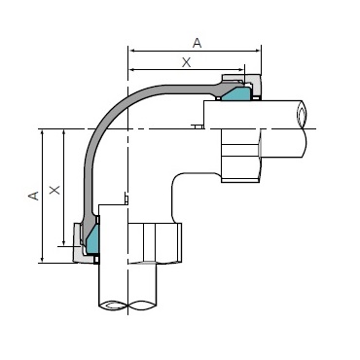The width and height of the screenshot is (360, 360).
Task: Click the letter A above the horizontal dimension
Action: (198, 43)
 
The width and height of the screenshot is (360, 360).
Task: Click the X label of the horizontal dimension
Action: (186, 62)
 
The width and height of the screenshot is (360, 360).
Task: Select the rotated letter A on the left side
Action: (34, 196)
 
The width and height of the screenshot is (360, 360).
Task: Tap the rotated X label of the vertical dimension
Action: (54, 190)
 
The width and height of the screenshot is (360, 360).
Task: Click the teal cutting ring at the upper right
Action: (237, 93)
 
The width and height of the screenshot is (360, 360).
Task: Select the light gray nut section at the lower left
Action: (79, 243)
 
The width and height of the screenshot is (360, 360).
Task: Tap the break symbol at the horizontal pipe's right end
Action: (302, 115)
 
